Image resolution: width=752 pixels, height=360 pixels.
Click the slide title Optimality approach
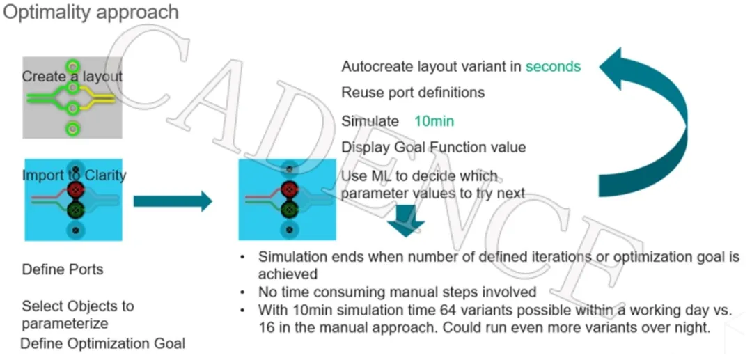pos(91,12)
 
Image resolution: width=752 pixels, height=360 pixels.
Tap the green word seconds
pos(553,67)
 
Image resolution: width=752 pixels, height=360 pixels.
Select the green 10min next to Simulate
pos(434,122)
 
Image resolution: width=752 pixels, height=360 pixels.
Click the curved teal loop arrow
pos(651,118)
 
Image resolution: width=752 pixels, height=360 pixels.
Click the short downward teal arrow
pos(406,219)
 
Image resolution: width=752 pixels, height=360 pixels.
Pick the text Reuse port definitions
pos(413,93)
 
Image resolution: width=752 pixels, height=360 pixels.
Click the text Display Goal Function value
pos(433,148)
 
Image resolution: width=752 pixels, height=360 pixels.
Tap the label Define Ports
pos(63,269)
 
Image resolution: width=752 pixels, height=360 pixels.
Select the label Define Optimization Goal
pos(103,343)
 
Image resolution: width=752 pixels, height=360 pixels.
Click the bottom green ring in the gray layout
pos(72,128)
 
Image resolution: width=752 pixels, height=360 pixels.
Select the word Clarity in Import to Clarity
pos(105,175)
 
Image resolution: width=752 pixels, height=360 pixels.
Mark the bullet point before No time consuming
pos(242,292)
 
